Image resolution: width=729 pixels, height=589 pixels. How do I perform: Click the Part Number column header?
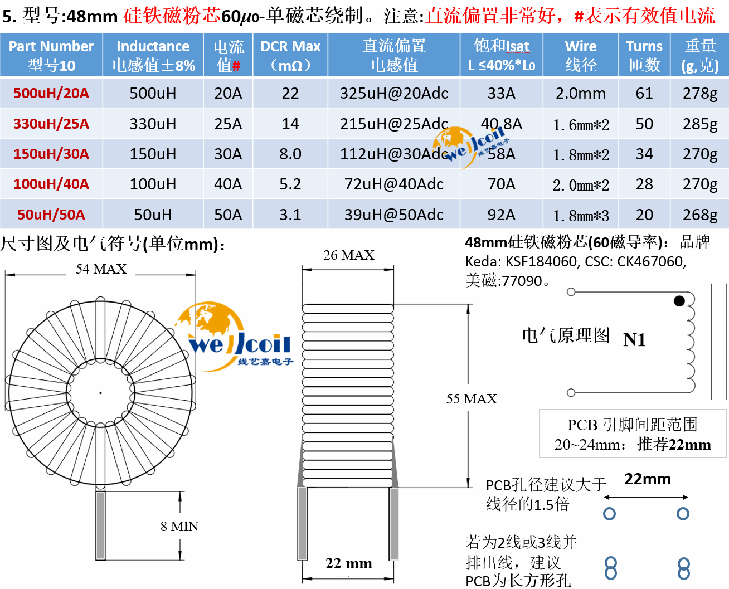[51, 55]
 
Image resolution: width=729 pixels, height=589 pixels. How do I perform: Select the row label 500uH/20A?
[51, 93]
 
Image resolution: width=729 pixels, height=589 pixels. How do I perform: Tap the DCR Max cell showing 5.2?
[290, 184]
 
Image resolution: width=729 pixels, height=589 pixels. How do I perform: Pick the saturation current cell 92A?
[501, 215]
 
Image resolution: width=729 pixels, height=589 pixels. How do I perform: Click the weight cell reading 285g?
[700, 124]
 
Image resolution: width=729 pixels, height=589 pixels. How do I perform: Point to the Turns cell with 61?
[644, 93]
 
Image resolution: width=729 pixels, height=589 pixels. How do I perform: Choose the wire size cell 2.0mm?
[580, 93]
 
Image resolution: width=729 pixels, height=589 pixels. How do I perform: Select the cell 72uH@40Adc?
[394, 184]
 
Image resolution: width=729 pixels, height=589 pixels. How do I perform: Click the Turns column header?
[644, 55]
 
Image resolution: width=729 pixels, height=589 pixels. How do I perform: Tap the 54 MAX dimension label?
[101, 269]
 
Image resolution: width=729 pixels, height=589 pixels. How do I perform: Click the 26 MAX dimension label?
[348, 255]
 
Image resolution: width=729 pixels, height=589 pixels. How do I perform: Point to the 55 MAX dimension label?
[472, 398]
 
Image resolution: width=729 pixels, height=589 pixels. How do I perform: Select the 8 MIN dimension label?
[179, 526]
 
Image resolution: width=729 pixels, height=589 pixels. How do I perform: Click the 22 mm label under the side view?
[349, 563]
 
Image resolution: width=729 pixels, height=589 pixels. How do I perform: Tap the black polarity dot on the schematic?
[679, 301]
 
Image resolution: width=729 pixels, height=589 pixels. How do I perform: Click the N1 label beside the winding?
[634, 339]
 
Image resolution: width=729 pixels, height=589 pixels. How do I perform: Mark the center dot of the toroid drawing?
[100, 393]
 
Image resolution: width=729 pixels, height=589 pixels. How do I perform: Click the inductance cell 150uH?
[153, 154]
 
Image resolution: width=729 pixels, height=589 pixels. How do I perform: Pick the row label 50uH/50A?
[51, 215]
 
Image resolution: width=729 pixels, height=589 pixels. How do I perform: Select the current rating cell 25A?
[228, 124]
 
